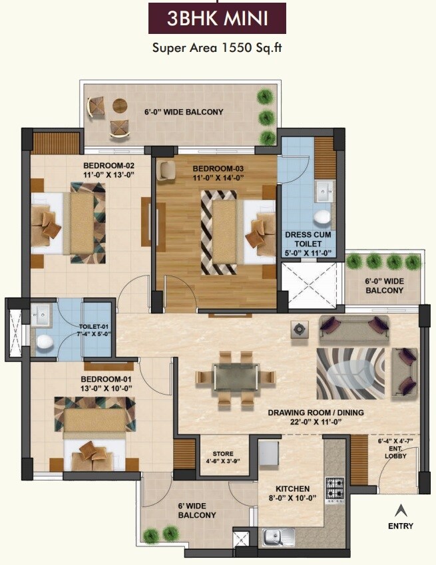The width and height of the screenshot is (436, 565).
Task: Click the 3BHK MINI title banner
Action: coord(217,18)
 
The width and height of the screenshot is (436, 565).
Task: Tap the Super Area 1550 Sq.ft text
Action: coord(217,47)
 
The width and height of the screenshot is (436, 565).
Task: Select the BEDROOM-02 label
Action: coord(109,171)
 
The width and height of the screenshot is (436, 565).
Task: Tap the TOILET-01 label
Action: coord(95,330)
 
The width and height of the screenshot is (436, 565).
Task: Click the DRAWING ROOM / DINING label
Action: coord(316,417)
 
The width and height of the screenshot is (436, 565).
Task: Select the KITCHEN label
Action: coord(290,494)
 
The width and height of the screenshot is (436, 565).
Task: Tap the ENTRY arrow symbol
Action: coord(401,511)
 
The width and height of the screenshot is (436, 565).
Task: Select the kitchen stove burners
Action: coord(334,488)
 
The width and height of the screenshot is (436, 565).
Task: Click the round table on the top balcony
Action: coord(120,104)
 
